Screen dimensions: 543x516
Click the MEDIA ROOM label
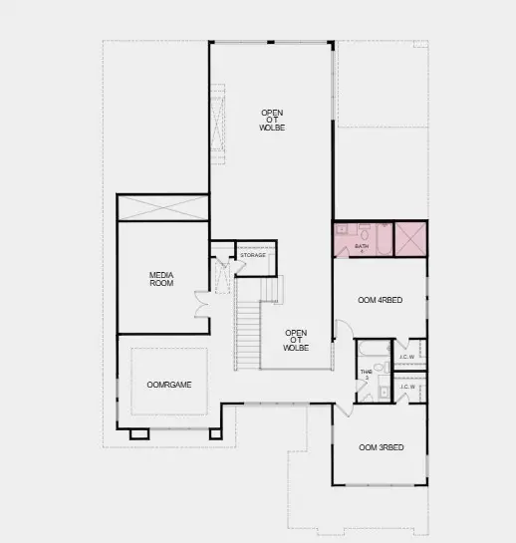coord(161,279)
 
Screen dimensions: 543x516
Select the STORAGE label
coord(253,256)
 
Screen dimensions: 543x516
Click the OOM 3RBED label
coord(381,447)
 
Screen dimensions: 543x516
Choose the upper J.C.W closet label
coord(407,356)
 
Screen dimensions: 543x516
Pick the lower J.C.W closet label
coord(407,387)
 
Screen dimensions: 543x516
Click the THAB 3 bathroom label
coord(366,376)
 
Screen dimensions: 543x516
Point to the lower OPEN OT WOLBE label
coord(295,341)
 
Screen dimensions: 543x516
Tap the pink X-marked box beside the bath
coord(410,240)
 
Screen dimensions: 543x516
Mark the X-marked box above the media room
coord(162,207)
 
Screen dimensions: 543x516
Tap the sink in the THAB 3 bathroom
coord(384,392)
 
